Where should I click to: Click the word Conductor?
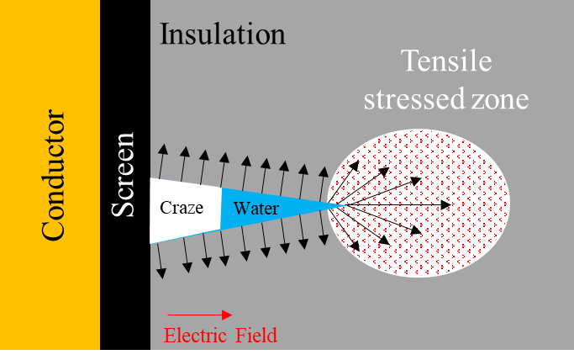[x=53, y=175]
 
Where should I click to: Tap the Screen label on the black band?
[x=123, y=175]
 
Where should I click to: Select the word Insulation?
[x=222, y=34]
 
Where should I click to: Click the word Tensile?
[x=446, y=61]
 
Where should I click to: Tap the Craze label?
[x=182, y=208]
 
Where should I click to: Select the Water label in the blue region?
[x=256, y=209]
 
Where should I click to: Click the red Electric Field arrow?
[x=199, y=315]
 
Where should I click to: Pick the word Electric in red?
[x=195, y=336]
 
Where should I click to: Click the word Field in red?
[x=255, y=336]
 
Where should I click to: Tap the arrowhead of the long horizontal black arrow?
[x=446, y=204]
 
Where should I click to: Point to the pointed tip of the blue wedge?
[x=344, y=206]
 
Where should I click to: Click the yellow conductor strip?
[x=50, y=175]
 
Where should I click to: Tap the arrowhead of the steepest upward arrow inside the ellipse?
[x=355, y=166]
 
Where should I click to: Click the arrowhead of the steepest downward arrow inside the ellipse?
[x=355, y=246]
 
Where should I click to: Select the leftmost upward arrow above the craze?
[x=161, y=161]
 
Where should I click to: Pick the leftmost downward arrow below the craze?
[x=160, y=261]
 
